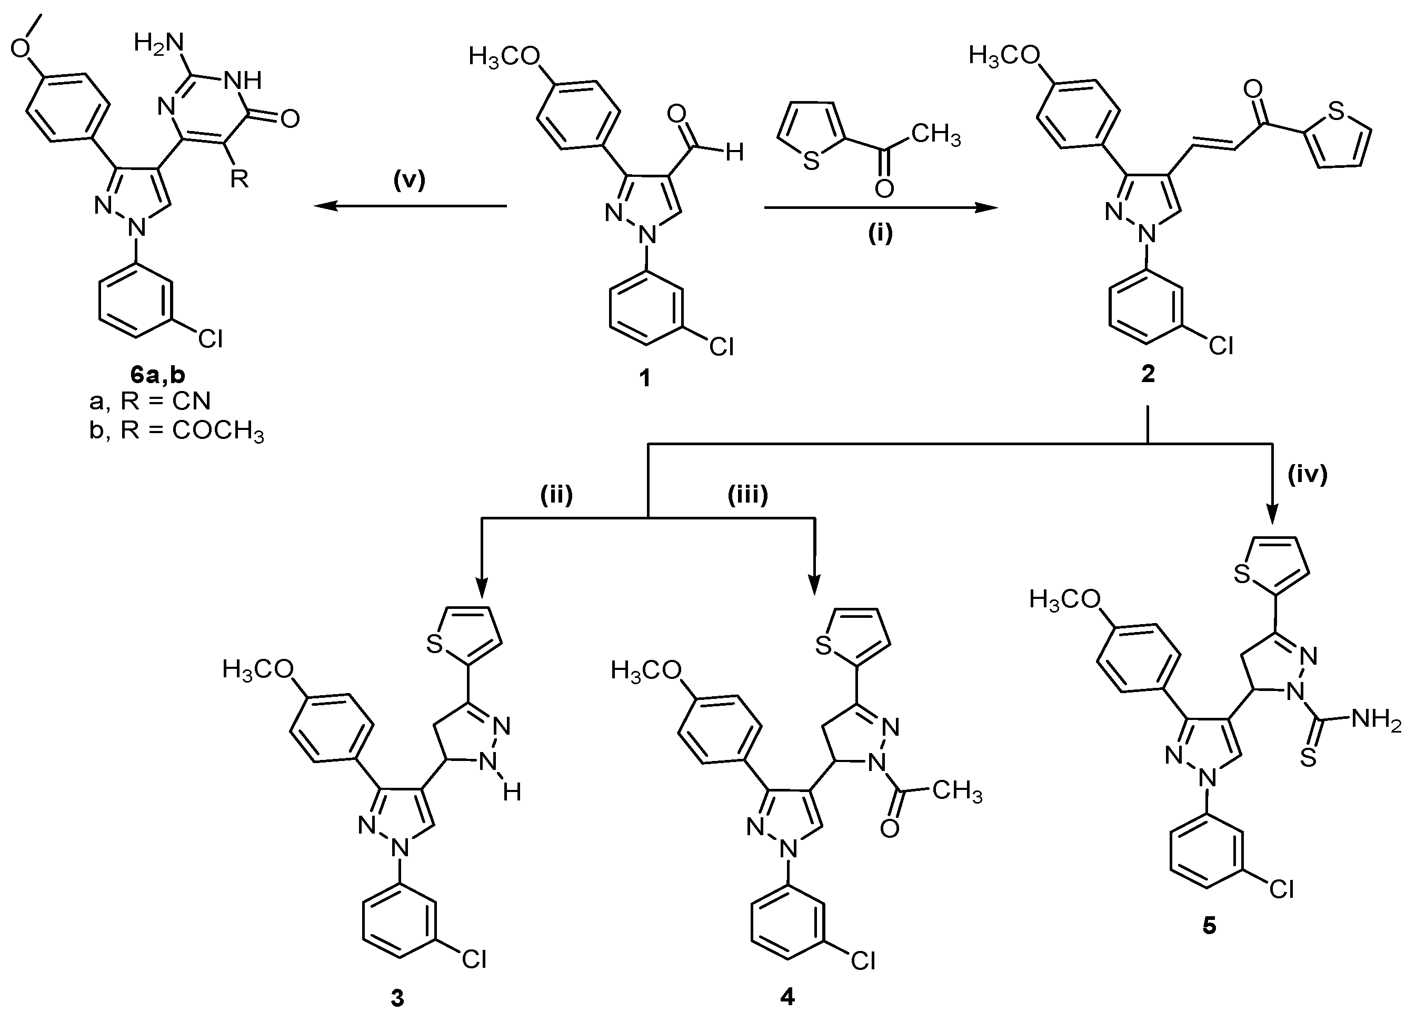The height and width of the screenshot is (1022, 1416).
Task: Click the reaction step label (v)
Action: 409,181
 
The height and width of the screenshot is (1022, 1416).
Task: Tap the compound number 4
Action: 787,998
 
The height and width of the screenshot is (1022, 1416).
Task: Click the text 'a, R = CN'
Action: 150,402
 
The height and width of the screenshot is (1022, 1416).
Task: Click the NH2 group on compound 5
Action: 1376,720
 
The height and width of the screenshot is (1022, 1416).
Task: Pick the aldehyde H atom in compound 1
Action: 735,152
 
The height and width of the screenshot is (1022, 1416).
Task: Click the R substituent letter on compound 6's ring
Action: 239,179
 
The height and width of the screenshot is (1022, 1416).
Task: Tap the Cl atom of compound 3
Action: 474,959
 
